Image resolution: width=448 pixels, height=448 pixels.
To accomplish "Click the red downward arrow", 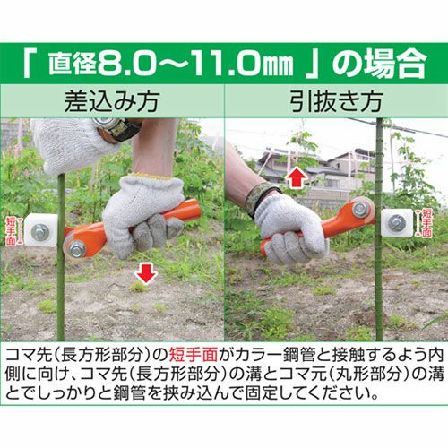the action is pos(145,273).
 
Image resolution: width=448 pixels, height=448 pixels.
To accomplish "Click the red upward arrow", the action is pos(296,177).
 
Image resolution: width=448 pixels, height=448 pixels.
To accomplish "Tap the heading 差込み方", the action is pos(112,101).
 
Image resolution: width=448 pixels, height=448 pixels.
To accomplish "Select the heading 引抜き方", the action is pos(336,101).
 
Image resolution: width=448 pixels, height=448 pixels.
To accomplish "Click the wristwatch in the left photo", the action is pos(118,128).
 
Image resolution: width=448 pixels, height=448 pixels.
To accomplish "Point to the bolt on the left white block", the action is pos(40,232).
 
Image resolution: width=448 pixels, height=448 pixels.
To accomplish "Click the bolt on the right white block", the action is pos(397,223).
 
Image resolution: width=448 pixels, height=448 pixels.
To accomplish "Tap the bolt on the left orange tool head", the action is pos(77,249).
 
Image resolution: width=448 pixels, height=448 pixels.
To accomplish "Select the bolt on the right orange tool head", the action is pos(360,209).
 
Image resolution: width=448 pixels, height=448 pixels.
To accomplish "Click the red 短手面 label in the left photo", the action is pos(11,231).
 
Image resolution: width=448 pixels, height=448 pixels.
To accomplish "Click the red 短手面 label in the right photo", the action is pos(427,223).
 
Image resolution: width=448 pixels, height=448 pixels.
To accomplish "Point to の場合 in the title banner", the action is pos(379,64).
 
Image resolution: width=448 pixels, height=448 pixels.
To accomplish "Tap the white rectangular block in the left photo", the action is pos(41,230).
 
